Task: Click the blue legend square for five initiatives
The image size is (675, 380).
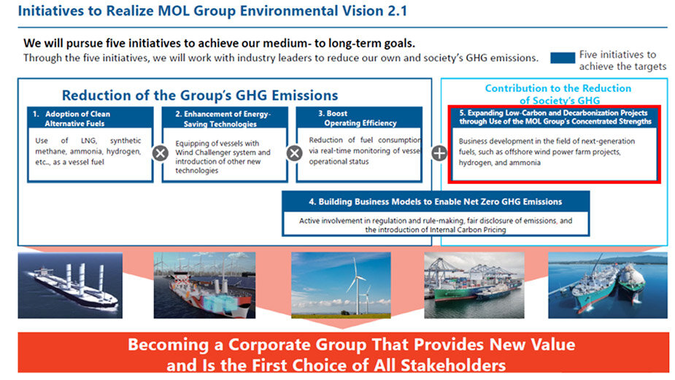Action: pyautogui.click(x=562, y=58)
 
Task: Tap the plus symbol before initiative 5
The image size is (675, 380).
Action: pyautogui.click(x=439, y=153)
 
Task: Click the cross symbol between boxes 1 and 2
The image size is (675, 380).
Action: pyautogui.click(x=161, y=153)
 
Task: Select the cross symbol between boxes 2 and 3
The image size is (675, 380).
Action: pyautogui.click(x=295, y=153)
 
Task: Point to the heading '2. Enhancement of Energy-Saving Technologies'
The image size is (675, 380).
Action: pyautogui.click(x=223, y=119)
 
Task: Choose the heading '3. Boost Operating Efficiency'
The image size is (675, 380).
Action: pyautogui.click(x=358, y=118)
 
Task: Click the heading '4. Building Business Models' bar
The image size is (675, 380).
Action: pyautogui.click(x=436, y=201)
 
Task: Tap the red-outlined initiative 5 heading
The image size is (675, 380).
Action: pyautogui.click(x=555, y=117)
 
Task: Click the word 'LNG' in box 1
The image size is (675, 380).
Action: pyautogui.click(x=88, y=141)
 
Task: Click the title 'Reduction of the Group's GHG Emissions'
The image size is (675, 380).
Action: pyautogui.click(x=200, y=95)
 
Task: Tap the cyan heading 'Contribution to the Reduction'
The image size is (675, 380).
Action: pyautogui.click(x=558, y=88)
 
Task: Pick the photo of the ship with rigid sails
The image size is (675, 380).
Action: pyautogui.click(x=70, y=285)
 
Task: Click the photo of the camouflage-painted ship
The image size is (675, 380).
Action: pyautogui.click(x=204, y=285)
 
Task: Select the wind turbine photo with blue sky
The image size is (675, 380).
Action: pyautogui.click(x=341, y=285)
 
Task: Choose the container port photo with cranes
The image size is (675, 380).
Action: pyautogui.click(x=474, y=285)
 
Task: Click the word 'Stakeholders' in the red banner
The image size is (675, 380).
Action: pyautogui.click(x=453, y=365)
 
